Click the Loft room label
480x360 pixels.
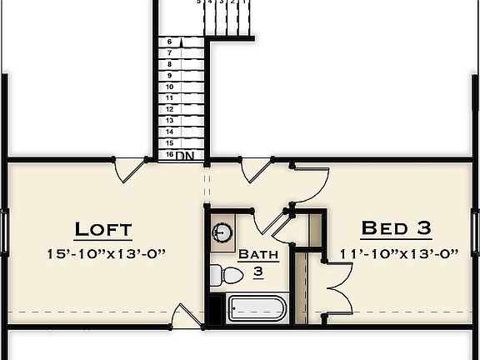103,229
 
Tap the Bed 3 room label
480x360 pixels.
397,227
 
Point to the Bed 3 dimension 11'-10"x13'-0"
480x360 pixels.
399,254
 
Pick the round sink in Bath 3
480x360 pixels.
222,232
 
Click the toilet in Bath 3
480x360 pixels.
217,274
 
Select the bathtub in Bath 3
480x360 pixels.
257,309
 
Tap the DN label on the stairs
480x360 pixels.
185,155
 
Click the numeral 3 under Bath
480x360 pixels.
258,272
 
